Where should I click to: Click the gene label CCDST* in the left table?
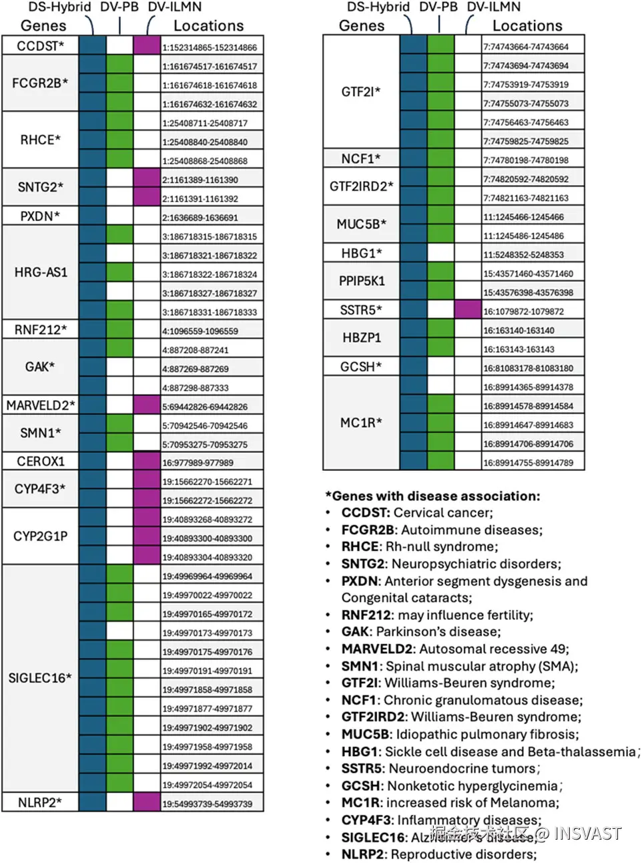pos(40,45)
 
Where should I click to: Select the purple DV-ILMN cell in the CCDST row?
pos(147,45)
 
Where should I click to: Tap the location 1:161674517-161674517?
pos(210,66)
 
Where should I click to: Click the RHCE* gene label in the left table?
pos(40,140)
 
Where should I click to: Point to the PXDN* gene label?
pos(40,216)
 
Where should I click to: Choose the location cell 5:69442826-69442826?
pos(205,406)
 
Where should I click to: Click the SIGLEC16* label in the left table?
pos(40,678)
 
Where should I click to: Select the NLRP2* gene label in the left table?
pos(40,802)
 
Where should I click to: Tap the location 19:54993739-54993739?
pos(207,804)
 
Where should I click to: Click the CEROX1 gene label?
pos(40,461)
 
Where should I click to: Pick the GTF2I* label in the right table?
pos(361,92)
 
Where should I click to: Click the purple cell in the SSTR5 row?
pos(467,310)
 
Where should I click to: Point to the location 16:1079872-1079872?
pos(523,311)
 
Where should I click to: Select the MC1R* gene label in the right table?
pos(361,422)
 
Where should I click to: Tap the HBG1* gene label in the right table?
pos(361,253)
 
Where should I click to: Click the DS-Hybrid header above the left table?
pos(59,7)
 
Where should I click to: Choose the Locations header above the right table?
pos(527,26)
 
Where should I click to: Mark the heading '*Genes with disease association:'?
pos(432,496)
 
